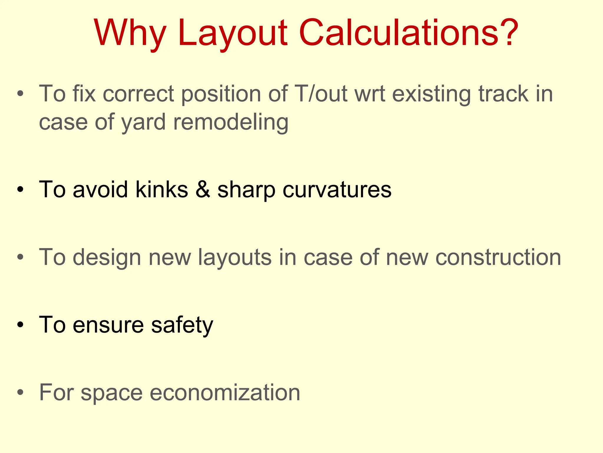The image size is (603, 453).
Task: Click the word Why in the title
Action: pos(130,33)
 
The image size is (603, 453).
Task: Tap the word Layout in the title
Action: pos(232,33)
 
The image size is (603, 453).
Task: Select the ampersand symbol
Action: pos(203,189)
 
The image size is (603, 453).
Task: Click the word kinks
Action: pos(162,189)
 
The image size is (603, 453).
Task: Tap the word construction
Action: pos(498,257)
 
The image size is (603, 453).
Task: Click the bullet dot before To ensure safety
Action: pos(20,325)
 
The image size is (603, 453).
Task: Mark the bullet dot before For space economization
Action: pos(20,393)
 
